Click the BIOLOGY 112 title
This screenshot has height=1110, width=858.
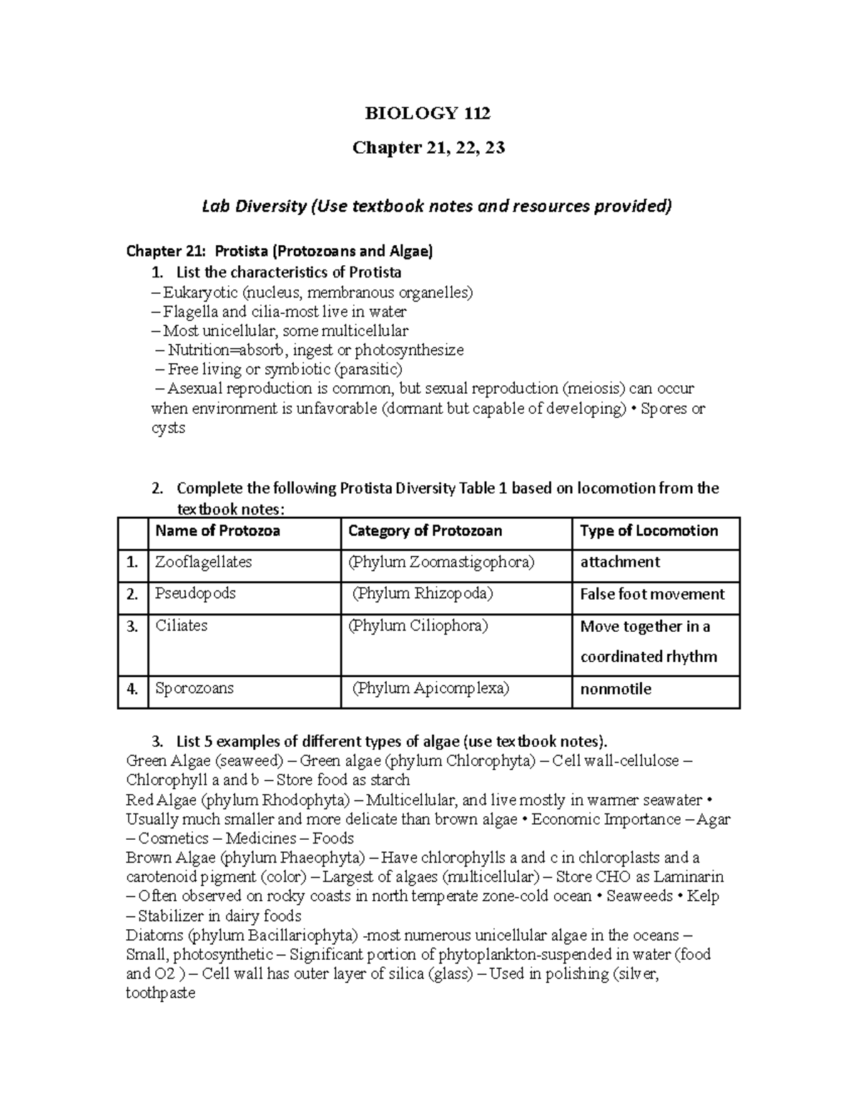428,113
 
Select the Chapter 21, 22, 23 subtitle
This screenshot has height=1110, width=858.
428,147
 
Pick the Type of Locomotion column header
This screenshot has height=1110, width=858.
649,530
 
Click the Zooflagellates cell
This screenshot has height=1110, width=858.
203,563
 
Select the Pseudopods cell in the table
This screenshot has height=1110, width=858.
195,594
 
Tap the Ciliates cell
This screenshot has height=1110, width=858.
181,626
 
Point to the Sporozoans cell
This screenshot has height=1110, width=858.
194,689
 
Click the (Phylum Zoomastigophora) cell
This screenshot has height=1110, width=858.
440,563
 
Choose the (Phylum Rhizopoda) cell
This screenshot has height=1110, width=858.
423,594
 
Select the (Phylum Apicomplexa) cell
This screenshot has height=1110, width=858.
431,689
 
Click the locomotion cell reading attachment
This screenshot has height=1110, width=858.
620,563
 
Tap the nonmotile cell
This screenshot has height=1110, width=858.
616,690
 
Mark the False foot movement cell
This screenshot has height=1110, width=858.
652,595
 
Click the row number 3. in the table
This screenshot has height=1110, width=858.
132,627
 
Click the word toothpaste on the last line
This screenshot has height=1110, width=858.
160,993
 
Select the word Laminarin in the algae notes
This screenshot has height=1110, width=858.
689,877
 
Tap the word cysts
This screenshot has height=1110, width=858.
168,428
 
